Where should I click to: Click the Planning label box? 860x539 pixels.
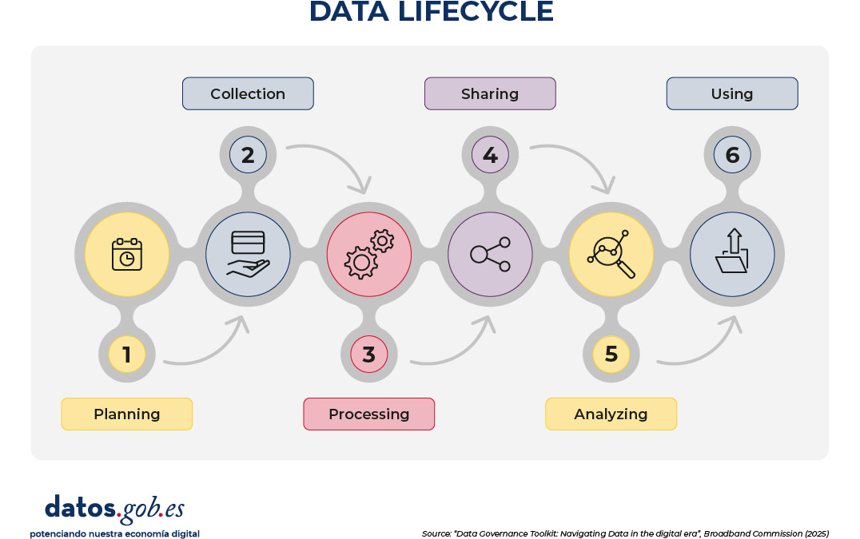pos(127,414)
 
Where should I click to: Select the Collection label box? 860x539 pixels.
pos(248,93)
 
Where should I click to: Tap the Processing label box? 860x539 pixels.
pos(368,414)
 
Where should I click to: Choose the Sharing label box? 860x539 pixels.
pos(490,93)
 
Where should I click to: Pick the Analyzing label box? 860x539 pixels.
pos(611,414)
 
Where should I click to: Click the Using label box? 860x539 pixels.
pos(732,93)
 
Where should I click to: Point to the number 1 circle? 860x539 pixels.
pos(126,354)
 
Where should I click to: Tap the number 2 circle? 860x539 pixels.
pos(248,154)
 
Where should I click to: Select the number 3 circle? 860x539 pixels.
pos(368,354)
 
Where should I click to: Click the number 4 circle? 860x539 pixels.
pos(490,154)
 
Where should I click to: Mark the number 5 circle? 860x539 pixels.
pos(611,354)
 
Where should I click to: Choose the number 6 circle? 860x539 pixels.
pos(732,154)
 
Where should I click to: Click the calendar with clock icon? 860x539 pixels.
pos(126,254)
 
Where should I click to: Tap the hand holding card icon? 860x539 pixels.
pos(248,254)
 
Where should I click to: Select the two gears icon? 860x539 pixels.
pos(368,254)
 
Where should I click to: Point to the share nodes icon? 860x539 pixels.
pos(490,254)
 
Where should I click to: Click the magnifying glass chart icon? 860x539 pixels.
pos(611,254)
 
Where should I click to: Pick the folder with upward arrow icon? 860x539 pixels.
pos(732,254)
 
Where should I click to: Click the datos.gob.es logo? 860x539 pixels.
pos(114,509)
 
